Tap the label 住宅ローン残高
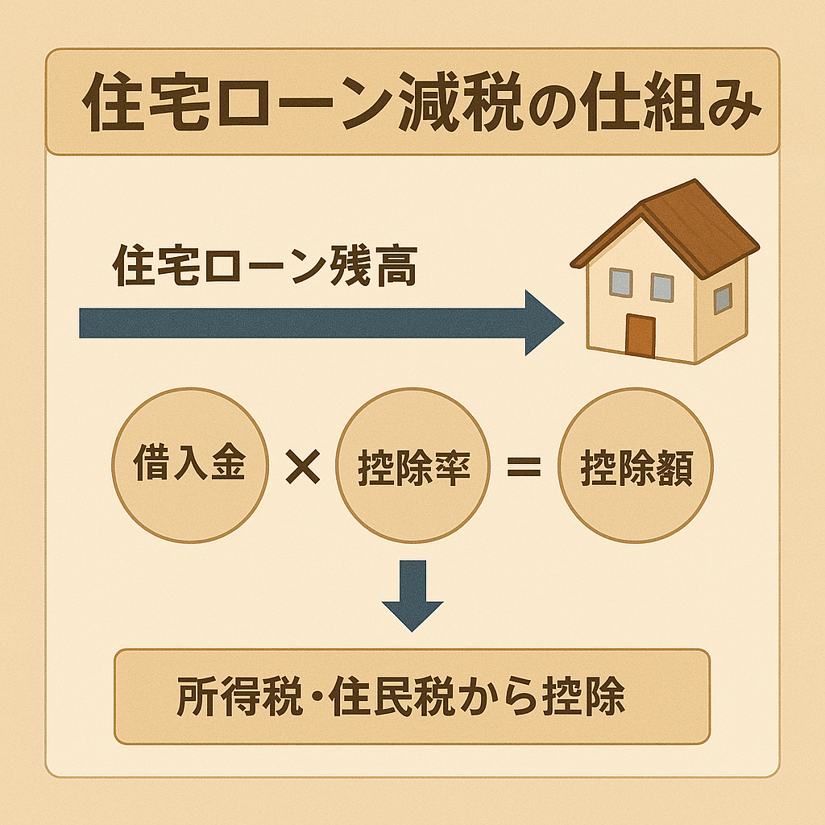point(265,266)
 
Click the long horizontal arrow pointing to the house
point(321,323)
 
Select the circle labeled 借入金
point(190,465)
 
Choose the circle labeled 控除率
point(413,465)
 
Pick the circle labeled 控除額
point(636,465)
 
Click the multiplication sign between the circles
point(303,466)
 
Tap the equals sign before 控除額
point(524,466)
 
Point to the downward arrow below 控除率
point(412,595)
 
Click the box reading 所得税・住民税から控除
point(412,697)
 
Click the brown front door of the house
point(641,336)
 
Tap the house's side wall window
point(723,299)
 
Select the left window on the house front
point(621,283)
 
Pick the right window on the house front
point(662,288)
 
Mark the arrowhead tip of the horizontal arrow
point(564,323)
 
